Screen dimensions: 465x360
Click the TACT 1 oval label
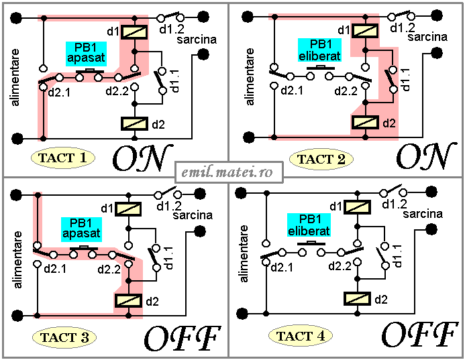[63, 158]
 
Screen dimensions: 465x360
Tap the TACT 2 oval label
[321, 159]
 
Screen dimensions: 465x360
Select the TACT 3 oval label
[64, 337]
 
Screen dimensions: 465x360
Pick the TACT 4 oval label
[301, 336]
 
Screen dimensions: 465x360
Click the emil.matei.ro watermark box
[229, 172]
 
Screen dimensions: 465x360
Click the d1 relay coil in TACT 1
[135, 32]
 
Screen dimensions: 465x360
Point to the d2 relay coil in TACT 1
[134, 124]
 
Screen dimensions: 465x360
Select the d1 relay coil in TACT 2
[365, 31]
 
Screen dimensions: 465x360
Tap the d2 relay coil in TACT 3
[128, 300]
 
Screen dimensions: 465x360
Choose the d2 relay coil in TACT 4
[358, 299]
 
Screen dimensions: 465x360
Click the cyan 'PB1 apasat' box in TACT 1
[86, 54]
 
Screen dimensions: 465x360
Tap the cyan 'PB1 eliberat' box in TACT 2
[319, 50]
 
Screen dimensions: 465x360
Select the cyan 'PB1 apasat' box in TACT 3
[82, 229]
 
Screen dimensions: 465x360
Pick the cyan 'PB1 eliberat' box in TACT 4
[309, 225]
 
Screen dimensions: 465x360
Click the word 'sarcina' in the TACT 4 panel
[423, 214]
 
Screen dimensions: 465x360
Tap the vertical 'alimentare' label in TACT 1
[15, 77]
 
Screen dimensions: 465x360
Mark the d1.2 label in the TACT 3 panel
[169, 205]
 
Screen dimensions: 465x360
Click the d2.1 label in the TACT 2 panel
[292, 91]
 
